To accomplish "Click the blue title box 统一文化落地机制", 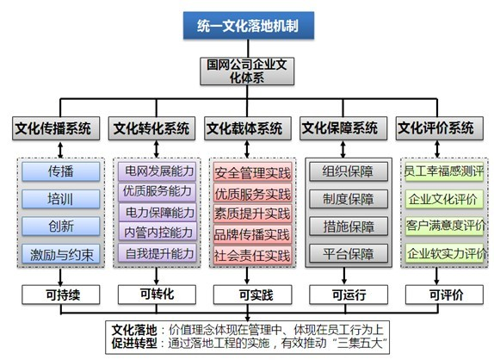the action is (249, 26).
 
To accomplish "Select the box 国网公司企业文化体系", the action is (247, 71).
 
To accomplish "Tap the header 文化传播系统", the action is (56, 128).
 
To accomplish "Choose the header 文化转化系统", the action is (151, 128).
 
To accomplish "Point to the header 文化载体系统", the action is (248, 128).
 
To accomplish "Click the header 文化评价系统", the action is (440, 128).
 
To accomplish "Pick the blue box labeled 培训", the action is (61, 199).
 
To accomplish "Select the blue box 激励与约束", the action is (61, 254).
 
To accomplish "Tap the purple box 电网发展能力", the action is (157, 171).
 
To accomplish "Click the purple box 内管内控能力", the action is (157, 232).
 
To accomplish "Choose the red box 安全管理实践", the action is (253, 172).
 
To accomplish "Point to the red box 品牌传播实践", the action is (253, 234).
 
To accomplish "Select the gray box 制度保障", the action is (349, 199).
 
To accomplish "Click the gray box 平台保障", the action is (349, 253).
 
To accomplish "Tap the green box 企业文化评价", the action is (444, 199).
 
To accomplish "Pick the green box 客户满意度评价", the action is (444, 226).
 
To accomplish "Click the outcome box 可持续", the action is (61, 295).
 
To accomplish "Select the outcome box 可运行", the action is (349, 295).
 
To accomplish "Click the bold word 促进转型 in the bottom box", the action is (134, 344).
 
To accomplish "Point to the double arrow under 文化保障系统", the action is (343, 149).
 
